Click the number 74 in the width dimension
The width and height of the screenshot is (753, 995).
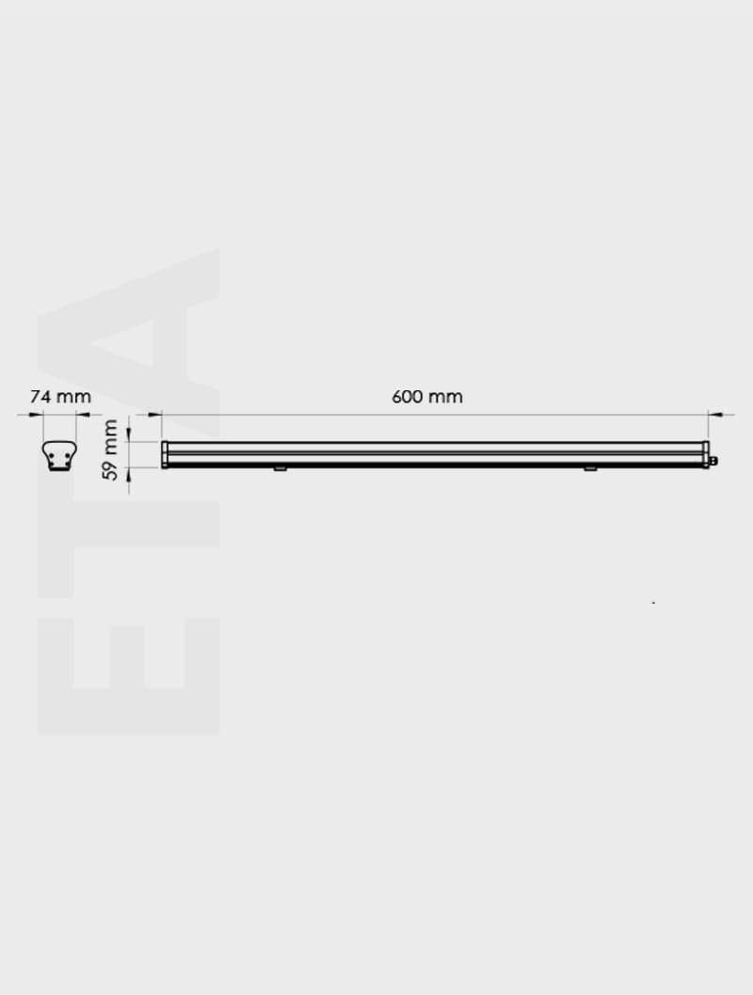pos(39,397)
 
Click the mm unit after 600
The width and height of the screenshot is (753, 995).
pos(446,397)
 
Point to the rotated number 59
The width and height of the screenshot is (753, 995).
pos(112,469)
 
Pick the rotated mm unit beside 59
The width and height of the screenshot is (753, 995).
pos(112,435)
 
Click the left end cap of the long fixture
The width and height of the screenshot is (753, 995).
pos(165,454)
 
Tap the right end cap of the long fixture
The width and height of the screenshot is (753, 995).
pos(705,454)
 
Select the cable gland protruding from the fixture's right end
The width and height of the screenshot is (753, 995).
pos(713,461)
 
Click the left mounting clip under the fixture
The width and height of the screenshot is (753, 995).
pos(280,468)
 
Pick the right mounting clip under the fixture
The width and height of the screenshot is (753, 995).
pos(589,468)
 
